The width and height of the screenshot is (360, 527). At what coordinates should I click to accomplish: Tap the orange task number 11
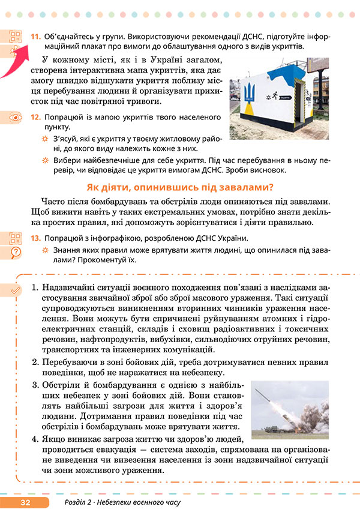point(35,37)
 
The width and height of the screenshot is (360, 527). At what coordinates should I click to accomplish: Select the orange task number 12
point(35,116)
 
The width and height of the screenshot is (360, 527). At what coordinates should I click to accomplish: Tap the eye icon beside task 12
point(16,117)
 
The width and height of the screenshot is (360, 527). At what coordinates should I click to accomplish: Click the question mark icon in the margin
point(16,251)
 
